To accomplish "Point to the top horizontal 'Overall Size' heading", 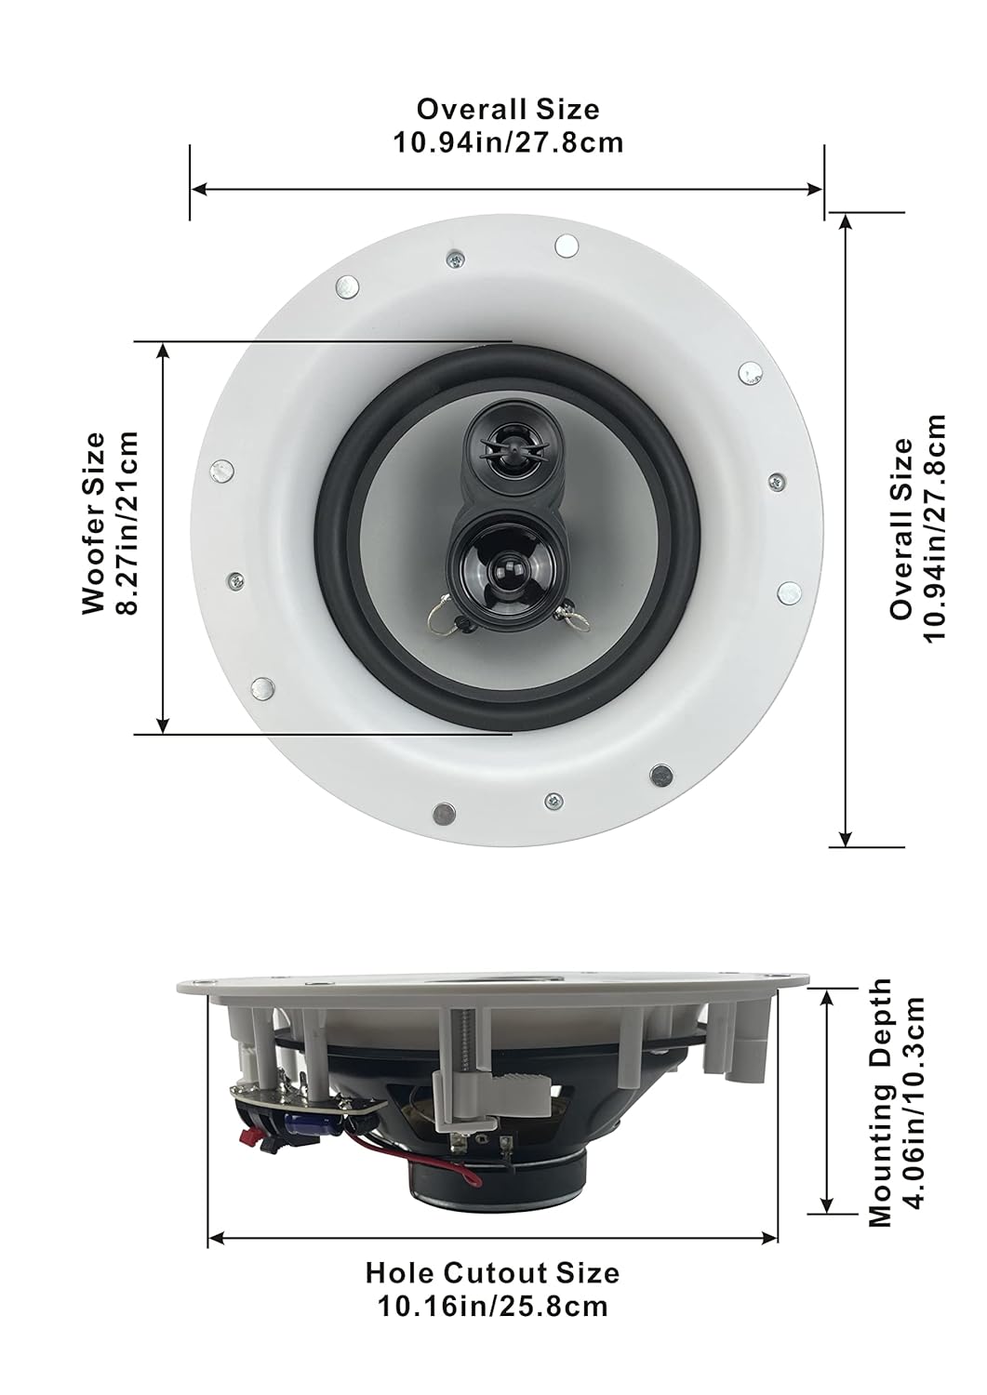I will [507, 109].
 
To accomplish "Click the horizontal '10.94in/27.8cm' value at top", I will [507, 142].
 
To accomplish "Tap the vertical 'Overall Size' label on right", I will [900, 528].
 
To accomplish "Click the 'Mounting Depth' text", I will [880, 1101].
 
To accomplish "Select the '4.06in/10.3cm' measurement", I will [914, 1101].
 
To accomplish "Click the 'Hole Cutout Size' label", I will [492, 1272].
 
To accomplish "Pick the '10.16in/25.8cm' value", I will [492, 1306].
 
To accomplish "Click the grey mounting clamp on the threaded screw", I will [484, 1087].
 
